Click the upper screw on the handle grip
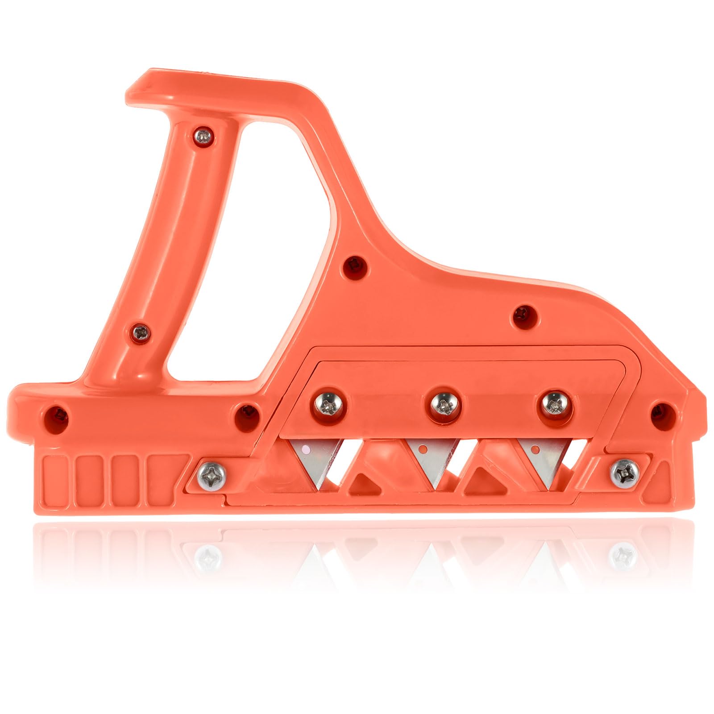(203, 137)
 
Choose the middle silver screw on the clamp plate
(443, 405)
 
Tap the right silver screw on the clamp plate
(554, 404)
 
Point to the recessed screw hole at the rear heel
(58, 414)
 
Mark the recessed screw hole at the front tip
(662, 413)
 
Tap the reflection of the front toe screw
(623, 556)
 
